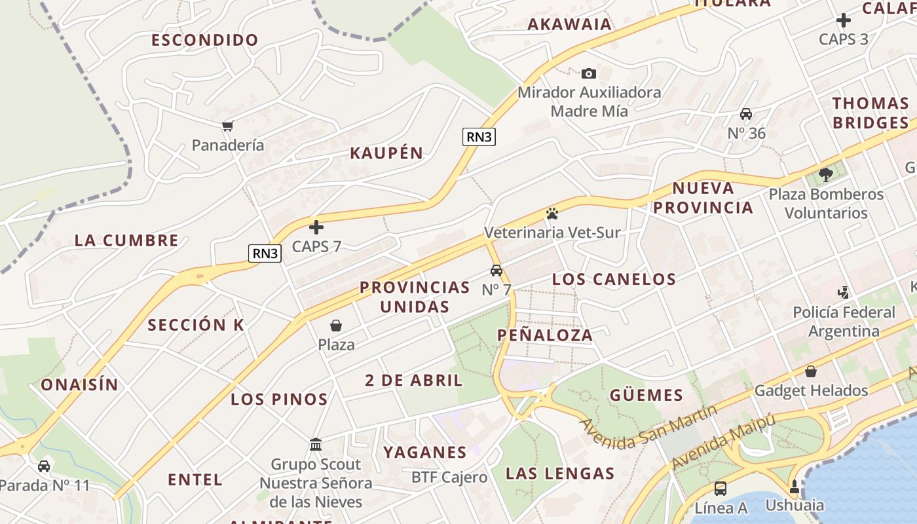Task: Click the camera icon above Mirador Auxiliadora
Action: click(x=589, y=73)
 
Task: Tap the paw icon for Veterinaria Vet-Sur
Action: click(x=552, y=213)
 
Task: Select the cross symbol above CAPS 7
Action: click(x=316, y=227)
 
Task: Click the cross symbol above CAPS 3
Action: click(x=844, y=20)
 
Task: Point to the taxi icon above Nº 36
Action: click(x=745, y=114)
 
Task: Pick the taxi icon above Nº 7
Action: click(x=496, y=270)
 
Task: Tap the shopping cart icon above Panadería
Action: click(x=227, y=126)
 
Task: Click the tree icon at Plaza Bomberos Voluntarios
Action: click(x=826, y=175)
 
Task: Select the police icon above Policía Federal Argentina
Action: click(x=844, y=293)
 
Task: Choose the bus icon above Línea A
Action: click(x=720, y=488)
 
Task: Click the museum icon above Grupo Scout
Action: click(x=316, y=445)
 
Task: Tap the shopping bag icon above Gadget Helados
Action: click(x=811, y=371)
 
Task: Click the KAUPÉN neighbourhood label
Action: click(x=386, y=153)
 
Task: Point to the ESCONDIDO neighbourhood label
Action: click(x=205, y=40)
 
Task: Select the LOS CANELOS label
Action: click(x=614, y=279)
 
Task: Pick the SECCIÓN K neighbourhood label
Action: click(x=195, y=325)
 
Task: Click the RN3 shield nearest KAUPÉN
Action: click(x=479, y=137)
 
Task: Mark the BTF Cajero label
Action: click(x=449, y=477)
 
